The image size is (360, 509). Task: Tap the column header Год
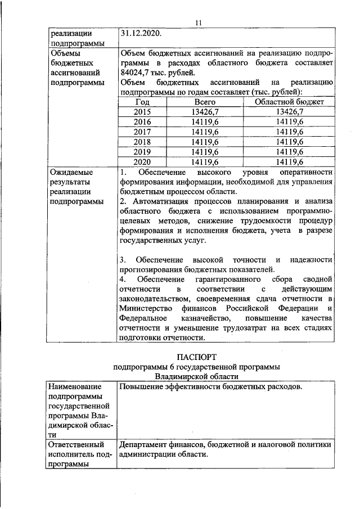pyautogui.click(x=143, y=102)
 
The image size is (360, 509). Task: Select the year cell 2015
pyautogui.click(x=143, y=112)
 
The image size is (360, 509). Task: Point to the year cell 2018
pyautogui.click(x=143, y=141)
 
